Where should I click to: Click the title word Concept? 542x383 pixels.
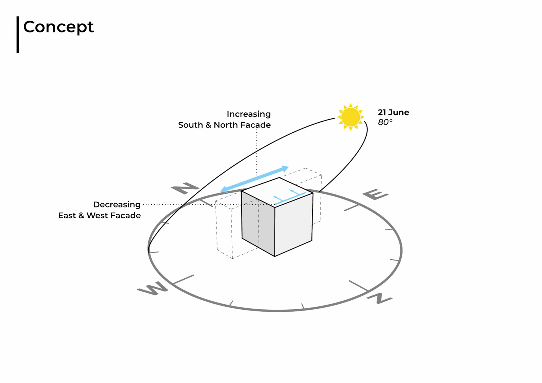pyautogui.click(x=58, y=27)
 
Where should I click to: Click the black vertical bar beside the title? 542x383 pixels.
pyautogui.click(x=18, y=34)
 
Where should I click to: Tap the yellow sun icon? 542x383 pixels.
pyautogui.click(x=351, y=117)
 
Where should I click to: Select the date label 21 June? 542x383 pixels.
pyautogui.click(x=393, y=112)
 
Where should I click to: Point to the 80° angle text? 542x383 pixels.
pyautogui.click(x=385, y=122)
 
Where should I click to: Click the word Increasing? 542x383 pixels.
pyautogui.click(x=248, y=114)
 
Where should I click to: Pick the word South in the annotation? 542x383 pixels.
pyautogui.click(x=190, y=125)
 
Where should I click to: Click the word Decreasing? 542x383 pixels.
pyautogui.click(x=117, y=204)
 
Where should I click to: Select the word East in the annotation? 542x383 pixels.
pyautogui.click(x=67, y=215)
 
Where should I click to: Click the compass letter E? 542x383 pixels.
pyautogui.click(x=375, y=194)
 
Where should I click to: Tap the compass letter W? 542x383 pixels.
pyautogui.click(x=153, y=288)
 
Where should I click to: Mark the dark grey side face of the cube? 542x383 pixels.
pyautogui.click(x=258, y=223)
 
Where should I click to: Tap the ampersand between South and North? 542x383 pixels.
pyautogui.click(x=208, y=125)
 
